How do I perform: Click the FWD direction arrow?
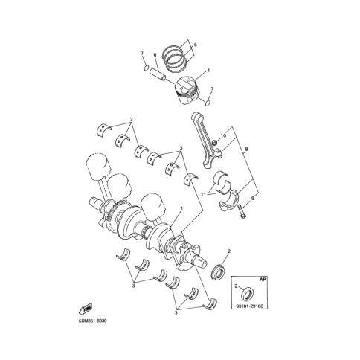tap(86, 309)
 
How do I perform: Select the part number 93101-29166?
tap(249, 306)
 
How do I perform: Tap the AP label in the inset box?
tap(263, 280)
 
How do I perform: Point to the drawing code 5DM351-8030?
tap(93, 321)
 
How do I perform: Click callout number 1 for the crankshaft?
tap(181, 208)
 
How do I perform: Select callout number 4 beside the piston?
tap(208, 71)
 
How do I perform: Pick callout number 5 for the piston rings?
tap(196, 45)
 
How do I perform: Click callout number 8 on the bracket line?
tap(246, 149)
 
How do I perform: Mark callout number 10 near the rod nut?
tap(223, 135)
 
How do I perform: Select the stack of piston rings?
tap(174, 58)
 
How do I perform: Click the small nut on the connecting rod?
tap(215, 143)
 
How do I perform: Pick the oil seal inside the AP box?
tap(248, 293)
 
